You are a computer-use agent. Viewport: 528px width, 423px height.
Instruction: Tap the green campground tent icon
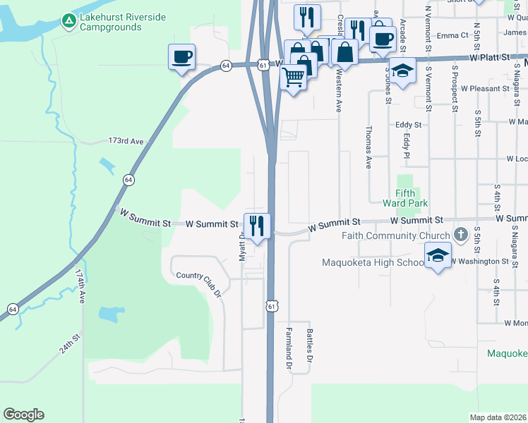click(68, 22)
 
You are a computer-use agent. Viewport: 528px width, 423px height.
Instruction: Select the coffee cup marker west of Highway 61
click(181, 56)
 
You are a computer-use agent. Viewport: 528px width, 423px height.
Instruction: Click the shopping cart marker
click(294, 76)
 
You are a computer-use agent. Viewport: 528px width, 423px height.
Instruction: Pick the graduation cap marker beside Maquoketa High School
click(438, 255)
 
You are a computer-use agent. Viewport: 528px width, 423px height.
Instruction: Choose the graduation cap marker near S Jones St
click(402, 71)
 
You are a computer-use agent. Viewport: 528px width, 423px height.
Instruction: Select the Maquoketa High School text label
click(373, 263)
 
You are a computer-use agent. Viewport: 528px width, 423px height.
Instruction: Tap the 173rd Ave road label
click(126, 142)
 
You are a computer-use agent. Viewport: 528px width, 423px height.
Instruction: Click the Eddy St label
click(408, 125)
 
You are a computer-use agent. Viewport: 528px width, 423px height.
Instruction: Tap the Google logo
click(23, 415)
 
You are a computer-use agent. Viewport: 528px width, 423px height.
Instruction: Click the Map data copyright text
click(498, 417)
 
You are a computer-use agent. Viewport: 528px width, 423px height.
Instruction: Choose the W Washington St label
click(480, 261)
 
